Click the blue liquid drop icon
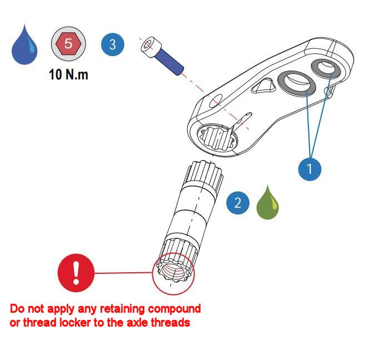coord(24,46)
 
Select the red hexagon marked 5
coord(68,43)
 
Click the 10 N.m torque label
coord(68,74)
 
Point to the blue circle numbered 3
coord(113,44)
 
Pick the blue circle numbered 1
coord(310,169)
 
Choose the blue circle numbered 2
coord(238,203)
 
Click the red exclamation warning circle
coord(76,273)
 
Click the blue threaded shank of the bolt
coord(169,62)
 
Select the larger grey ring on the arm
coord(296,83)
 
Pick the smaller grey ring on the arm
coord(326,68)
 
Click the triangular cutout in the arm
coord(263,86)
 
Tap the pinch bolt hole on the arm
coord(216,101)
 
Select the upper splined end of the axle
coord(205,174)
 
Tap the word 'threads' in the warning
coord(171,323)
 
